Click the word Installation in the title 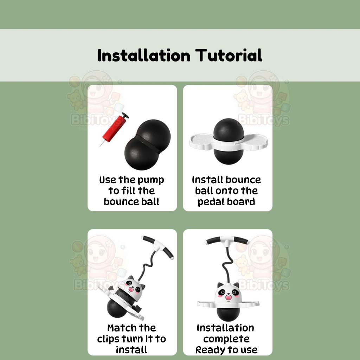pyautogui.click(x=144, y=55)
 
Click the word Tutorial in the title pyautogui.click(x=229, y=55)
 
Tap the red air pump pyautogui.click(x=114, y=129)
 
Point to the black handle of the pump pyautogui.click(x=125, y=115)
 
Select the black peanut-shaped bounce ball pyautogui.click(x=147, y=144)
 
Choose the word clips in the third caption pyautogui.click(x=108, y=339)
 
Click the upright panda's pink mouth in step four pyautogui.click(x=229, y=297)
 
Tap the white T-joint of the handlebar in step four pyautogui.click(x=227, y=243)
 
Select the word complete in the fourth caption pyautogui.click(x=226, y=339)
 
